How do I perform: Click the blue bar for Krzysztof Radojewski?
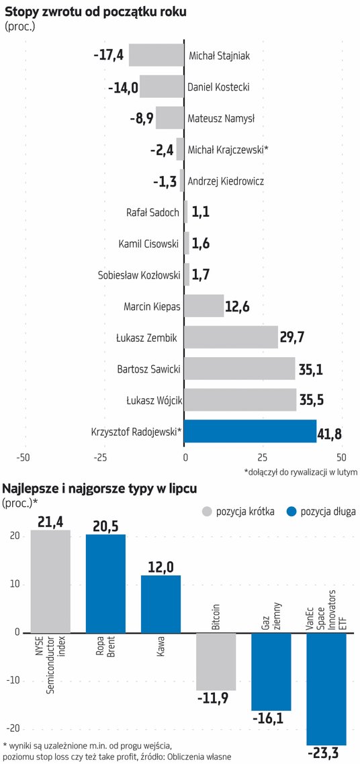coord(251,431)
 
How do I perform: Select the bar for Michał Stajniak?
coord(156,55)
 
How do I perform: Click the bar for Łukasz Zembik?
coord(231,337)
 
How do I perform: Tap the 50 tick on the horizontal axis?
coord(341,457)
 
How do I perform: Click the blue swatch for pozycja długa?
coord(291,511)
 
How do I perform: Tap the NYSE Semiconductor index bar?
coord(50,581)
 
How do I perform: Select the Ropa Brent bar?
coord(105,583)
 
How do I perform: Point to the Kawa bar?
coord(161,604)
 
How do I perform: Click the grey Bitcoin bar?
coord(216,662)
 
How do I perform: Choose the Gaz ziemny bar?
coord(271,671)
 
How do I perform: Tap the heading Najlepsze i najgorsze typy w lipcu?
coord(100,489)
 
